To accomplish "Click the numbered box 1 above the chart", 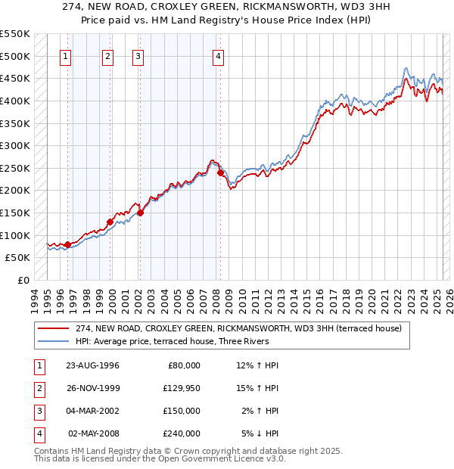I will [65, 56].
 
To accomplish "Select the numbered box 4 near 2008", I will [218, 56].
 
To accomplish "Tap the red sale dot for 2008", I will [220, 172].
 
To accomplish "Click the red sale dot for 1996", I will [68, 244].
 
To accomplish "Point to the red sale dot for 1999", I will [110, 222].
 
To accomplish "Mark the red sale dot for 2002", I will [140, 213].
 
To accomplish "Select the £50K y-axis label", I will [17, 258].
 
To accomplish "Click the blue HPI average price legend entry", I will [182, 342].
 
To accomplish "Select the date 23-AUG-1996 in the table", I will [92, 365].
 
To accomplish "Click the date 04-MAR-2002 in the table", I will [92, 411].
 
